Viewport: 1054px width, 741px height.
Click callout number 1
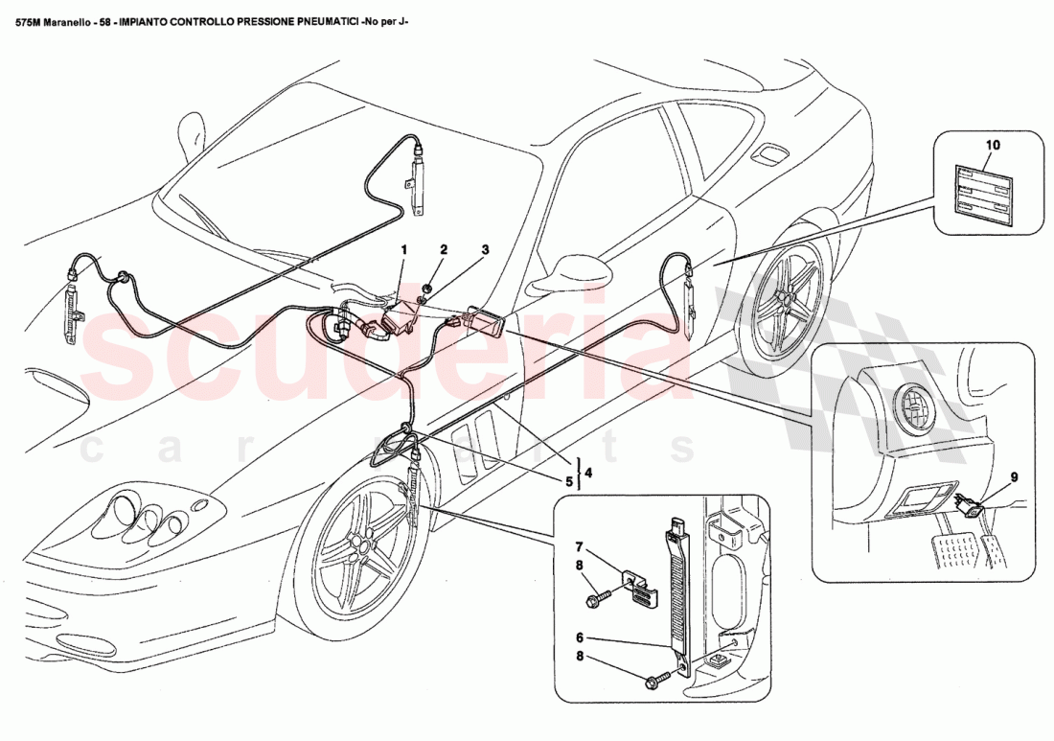pos(403,249)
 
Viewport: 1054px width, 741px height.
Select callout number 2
pos(444,249)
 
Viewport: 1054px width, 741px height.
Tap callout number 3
pos(485,249)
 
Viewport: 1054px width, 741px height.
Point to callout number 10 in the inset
pos(993,146)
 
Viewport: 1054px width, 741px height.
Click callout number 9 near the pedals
pos(1014,475)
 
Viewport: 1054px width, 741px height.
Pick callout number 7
pos(579,545)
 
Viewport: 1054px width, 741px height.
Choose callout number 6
pos(579,637)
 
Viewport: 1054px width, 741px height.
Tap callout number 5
pos(569,482)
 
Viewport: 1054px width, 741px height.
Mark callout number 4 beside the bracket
pos(588,473)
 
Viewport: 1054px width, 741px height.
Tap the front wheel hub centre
pos(361,545)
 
